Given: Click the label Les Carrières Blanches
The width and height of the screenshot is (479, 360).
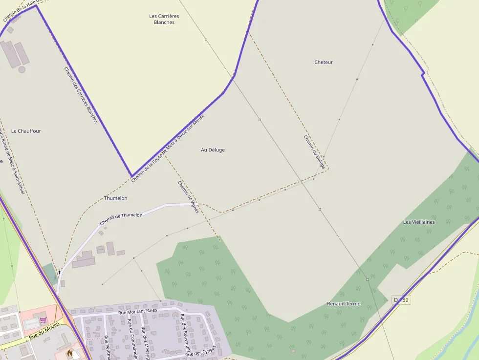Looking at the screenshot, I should pyautogui.click(x=164, y=19).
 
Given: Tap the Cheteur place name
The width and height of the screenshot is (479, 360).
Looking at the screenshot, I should pyautogui.click(x=324, y=62).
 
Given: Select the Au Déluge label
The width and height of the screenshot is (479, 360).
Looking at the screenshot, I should pyautogui.click(x=213, y=150).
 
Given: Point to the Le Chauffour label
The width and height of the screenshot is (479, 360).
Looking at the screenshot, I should pyautogui.click(x=26, y=131).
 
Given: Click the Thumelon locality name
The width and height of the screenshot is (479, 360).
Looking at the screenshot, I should pyautogui.click(x=116, y=198).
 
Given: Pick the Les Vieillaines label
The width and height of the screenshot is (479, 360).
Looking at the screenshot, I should pyautogui.click(x=419, y=222).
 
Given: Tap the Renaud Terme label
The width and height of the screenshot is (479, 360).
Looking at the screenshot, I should pyautogui.click(x=344, y=303).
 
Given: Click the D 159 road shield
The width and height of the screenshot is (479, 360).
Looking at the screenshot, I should pyautogui.click(x=401, y=299).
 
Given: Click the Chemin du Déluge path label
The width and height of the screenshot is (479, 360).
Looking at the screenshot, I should pyautogui.click(x=314, y=152).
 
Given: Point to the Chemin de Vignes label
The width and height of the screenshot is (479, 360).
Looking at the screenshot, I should pyautogui.click(x=188, y=197).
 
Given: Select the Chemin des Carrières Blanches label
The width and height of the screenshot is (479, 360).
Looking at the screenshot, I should pyautogui.click(x=81, y=95).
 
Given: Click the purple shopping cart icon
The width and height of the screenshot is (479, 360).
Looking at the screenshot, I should pyautogui.click(x=43, y=320).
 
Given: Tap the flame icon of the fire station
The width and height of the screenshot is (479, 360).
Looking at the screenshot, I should pyautogui.click(x=70, y=352).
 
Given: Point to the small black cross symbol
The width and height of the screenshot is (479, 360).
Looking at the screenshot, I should pyautogui.click(x=59, y=271).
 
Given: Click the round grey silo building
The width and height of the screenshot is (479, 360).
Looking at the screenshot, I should pyautogui.click(x=22, y=69).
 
